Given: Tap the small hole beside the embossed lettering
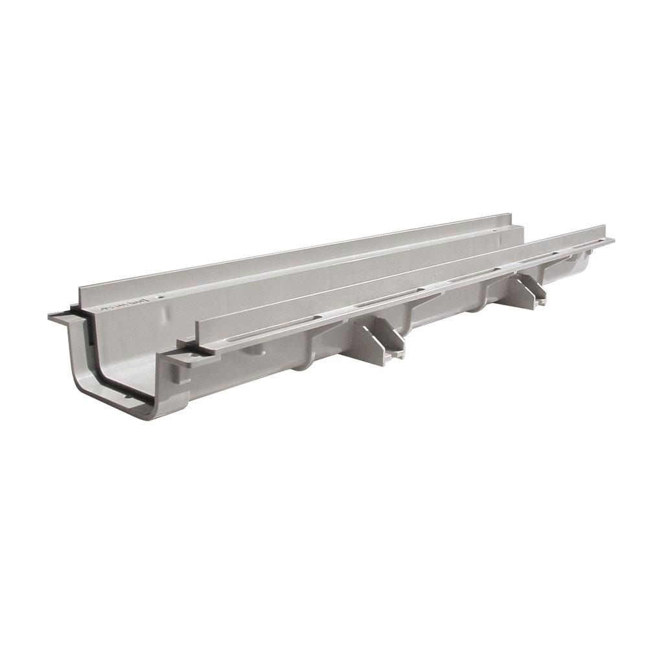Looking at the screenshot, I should tap(161, 299).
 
